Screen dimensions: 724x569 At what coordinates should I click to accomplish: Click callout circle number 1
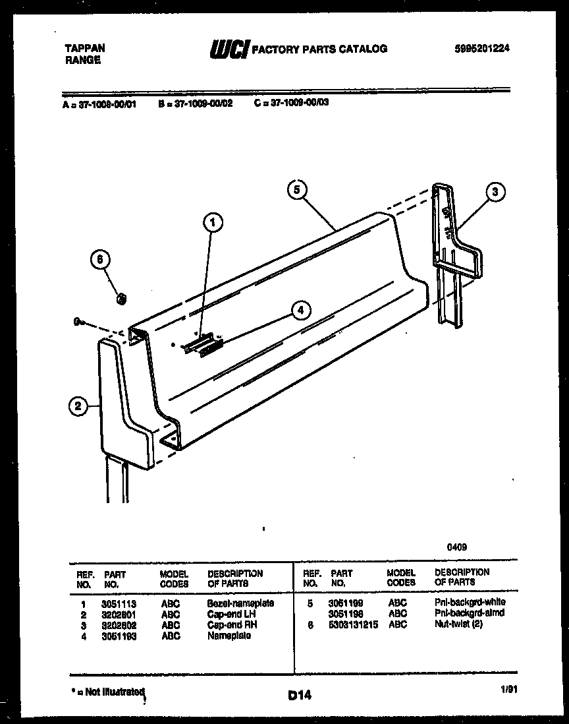point(212,224)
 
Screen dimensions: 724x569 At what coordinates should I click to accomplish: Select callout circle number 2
point(78,407)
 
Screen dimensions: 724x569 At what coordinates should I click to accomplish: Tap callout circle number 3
point(495,192)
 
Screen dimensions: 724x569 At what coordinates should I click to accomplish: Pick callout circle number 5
point(297,189)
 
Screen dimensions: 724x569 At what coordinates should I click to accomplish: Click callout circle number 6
point(100,260)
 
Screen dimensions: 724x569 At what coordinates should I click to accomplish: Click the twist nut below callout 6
point(121,300)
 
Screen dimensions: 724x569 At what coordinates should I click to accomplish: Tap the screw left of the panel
point(80,322)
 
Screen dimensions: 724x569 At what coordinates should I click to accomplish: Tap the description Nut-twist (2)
point(458,624)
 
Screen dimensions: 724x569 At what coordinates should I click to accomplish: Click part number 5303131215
point(354,624)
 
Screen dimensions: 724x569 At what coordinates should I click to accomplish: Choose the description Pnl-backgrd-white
point(470,603)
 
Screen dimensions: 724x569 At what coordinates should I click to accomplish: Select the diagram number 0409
point(458,547)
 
